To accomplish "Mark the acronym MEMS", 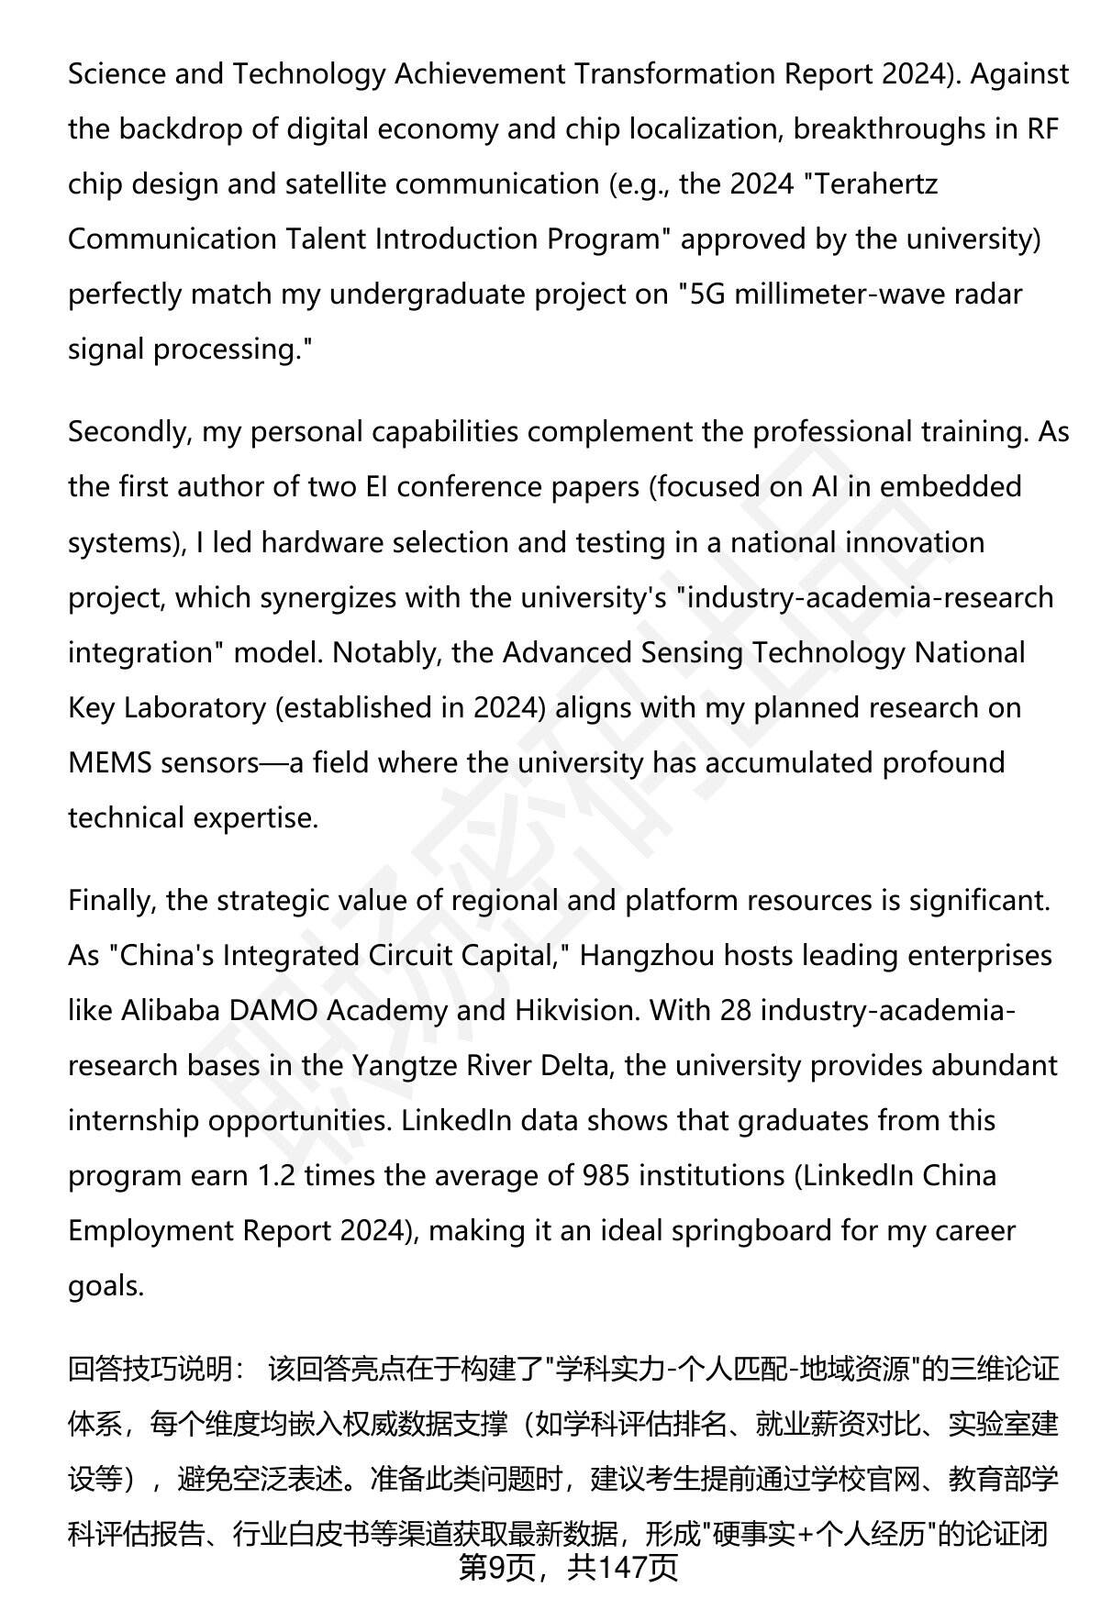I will tap(109, 763).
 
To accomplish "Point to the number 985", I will tap(606, 1176).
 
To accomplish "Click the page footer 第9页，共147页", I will tap(568, 1568).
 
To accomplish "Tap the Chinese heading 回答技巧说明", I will tap(151, 1370).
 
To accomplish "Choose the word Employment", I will tap(150, 1231).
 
